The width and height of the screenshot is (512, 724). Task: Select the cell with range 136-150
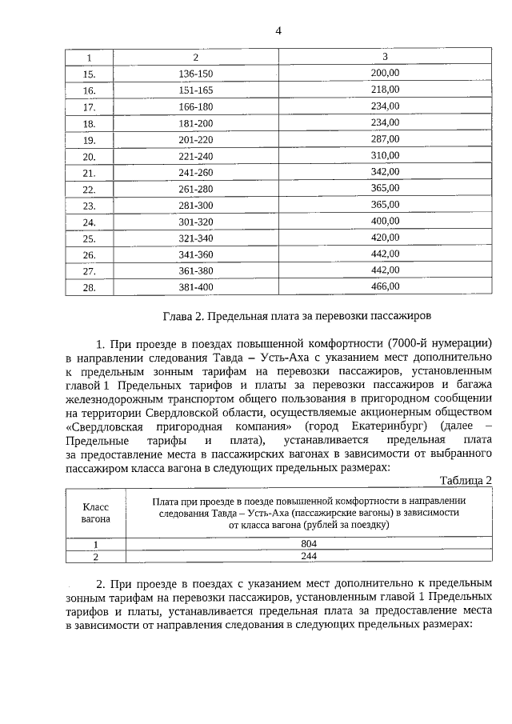coord(196,74)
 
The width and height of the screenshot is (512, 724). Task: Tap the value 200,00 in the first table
coord(385,72)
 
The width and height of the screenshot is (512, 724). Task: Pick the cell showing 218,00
coord(385,89)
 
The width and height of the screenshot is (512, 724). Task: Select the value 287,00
coord(385,138)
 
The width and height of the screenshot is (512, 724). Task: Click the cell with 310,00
coord(385,155)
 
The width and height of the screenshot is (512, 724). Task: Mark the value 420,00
coord(385,238)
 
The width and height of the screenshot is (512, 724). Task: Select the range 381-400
coord(196,288)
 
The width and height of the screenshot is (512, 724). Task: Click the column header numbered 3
coord(385,57)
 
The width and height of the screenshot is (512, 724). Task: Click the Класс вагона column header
coord(95,513)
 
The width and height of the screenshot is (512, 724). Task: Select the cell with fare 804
coord(308,543)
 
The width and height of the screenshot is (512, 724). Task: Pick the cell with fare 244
coord(308,555)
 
